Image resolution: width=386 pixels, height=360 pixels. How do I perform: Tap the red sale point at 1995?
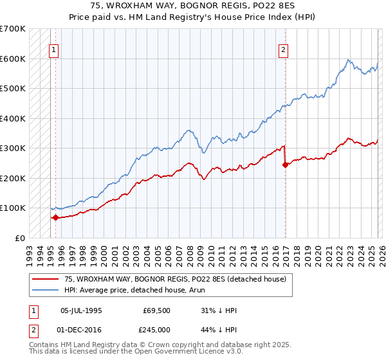pyautogui.click(x=55, y=217)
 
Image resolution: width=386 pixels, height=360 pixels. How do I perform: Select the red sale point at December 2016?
pyautogui.click(x=285, y=165)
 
